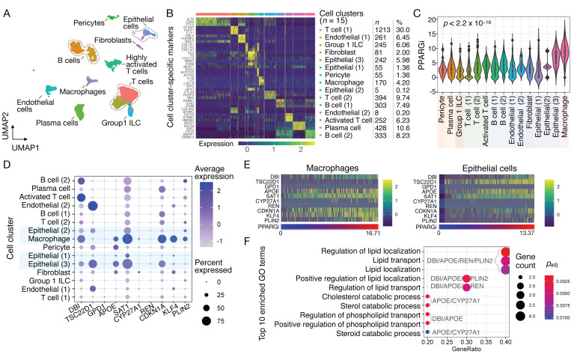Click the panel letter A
pos(7,7)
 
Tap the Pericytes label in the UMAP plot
pos(87,23)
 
